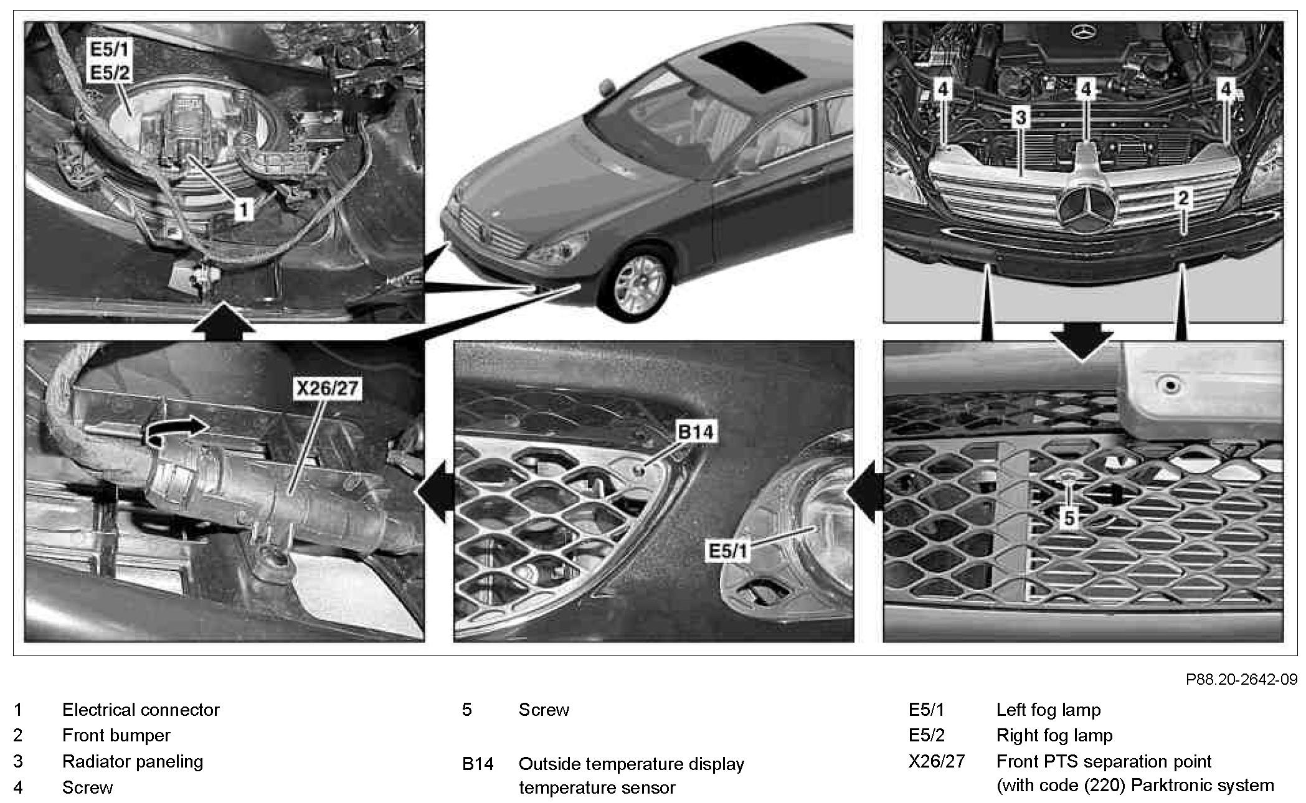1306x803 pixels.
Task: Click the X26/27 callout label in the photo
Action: (x=327, y=388)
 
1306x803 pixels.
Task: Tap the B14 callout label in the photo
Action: (x=695, y=431)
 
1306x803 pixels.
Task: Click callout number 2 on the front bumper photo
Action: (x=1183, y=199)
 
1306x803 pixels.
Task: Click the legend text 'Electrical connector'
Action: (x=141, y=710)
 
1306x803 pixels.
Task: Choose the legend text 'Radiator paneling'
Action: (x=133, y=761)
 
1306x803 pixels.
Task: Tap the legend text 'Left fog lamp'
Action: (x=1048, y=710)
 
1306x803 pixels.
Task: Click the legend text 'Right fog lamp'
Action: (x=1054, y=735)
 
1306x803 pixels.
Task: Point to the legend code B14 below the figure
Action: (x=478, y=764)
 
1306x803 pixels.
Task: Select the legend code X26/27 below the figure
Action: (x=936, y=761)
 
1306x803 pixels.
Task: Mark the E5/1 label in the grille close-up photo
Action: (x=727, y=550)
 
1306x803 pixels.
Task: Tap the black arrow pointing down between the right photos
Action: (x=1082, y=342)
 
